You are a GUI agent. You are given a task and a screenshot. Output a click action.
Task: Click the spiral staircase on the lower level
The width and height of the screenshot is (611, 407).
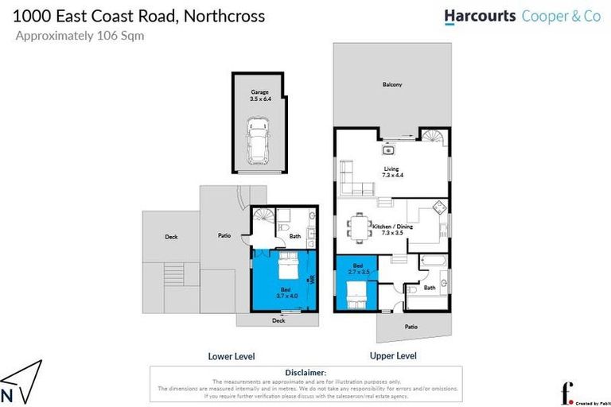click(263, 216)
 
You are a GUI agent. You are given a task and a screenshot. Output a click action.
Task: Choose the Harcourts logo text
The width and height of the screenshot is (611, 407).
click(478, 15)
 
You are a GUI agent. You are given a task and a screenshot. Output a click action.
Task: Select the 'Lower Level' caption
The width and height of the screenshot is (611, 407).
click(231, 356)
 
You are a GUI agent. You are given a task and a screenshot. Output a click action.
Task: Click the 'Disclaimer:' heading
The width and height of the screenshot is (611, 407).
click(305, 372)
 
